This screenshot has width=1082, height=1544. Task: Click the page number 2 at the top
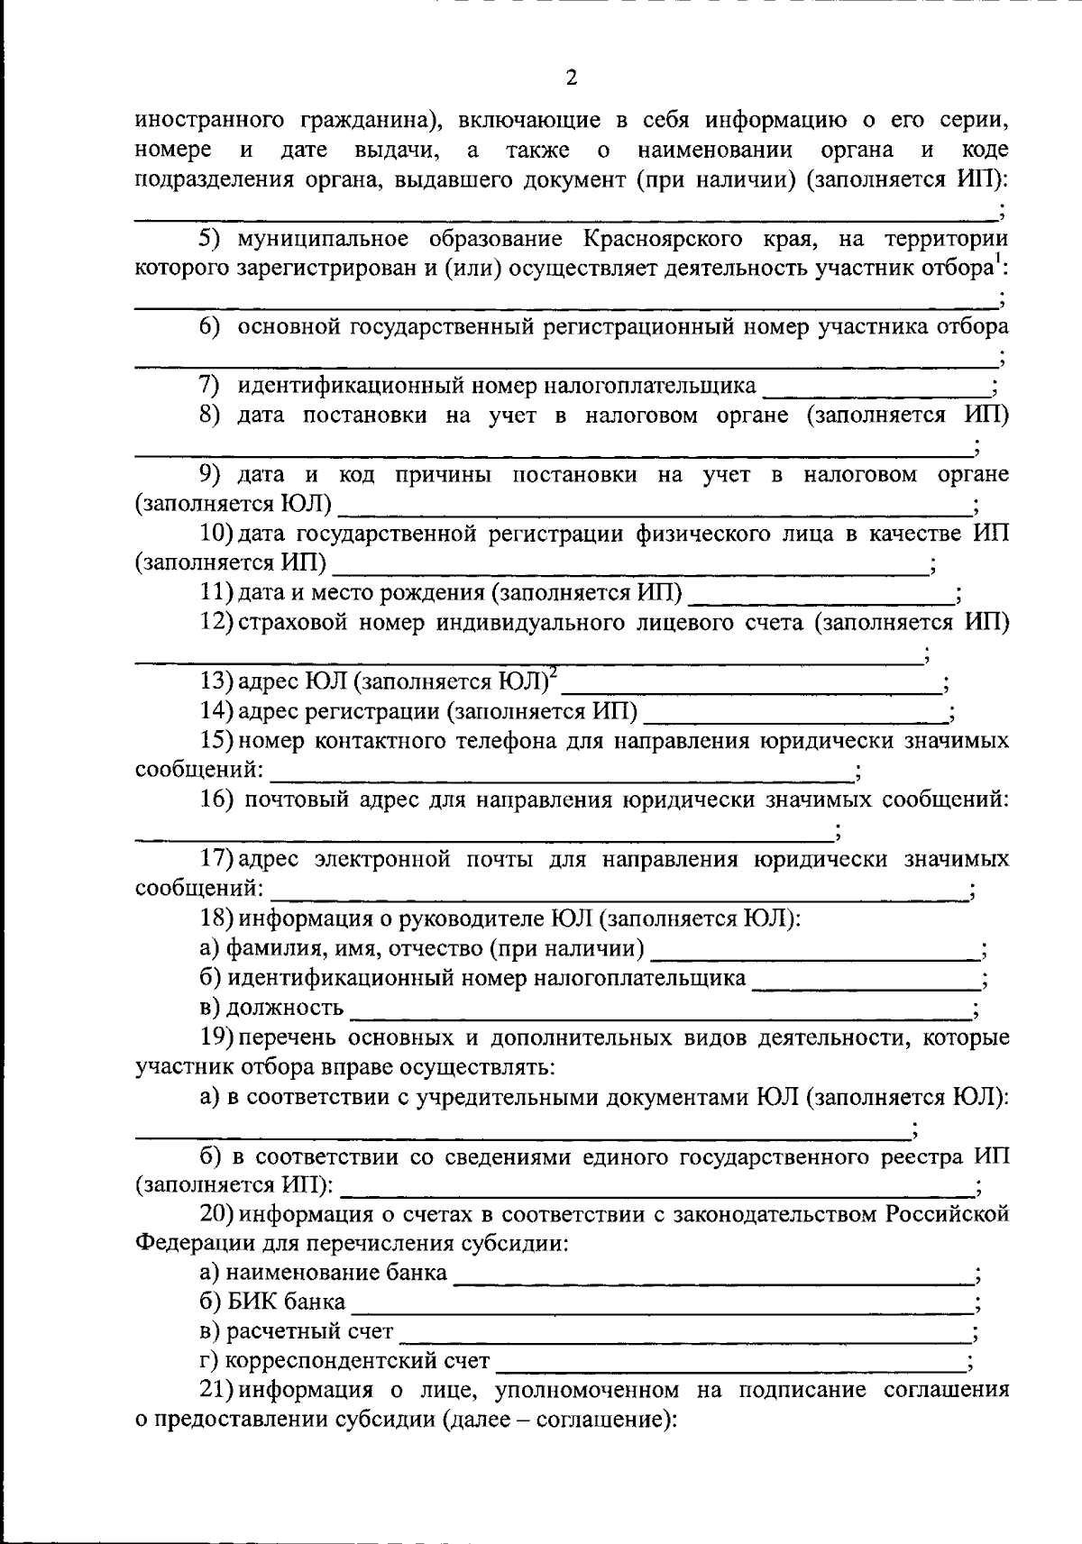coord(571,78)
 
